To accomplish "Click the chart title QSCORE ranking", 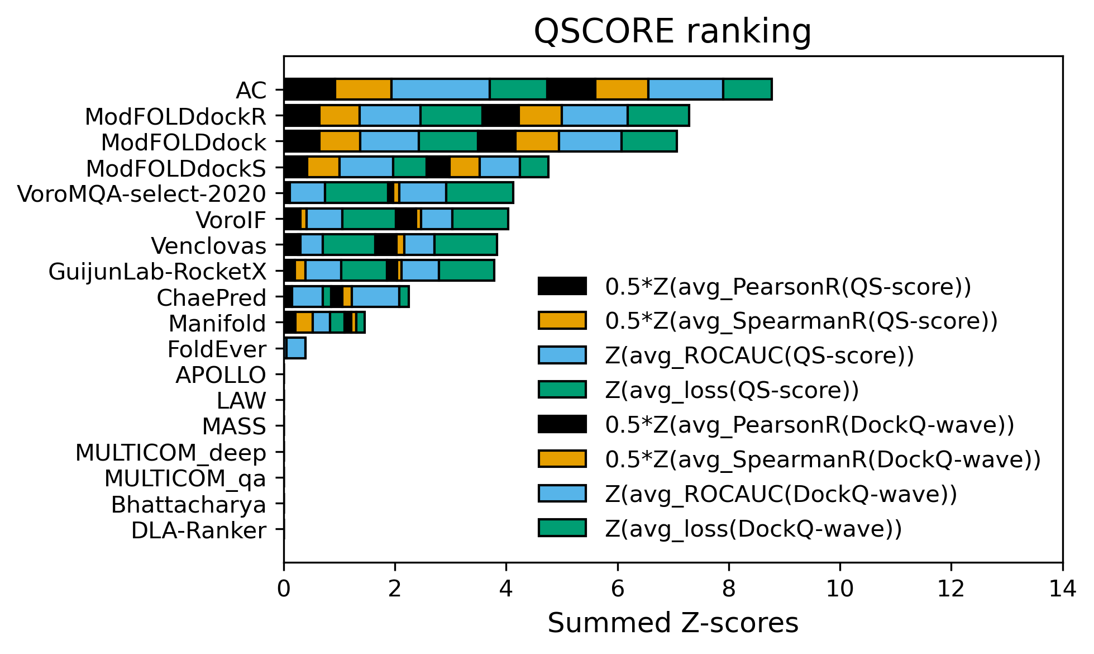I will [x=672, y=31].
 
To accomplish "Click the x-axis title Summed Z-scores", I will [x=672, y=623].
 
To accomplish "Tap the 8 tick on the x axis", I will [x=729, y=589].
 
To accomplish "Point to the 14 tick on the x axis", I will [x=1062, y=589].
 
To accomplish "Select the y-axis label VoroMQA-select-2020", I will [x=142, y=194].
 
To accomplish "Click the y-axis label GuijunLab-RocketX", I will [x=157, y=272].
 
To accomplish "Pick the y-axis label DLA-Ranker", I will [x=198, y=530].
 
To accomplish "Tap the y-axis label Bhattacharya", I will [x=188, y=505].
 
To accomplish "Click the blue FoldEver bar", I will [x=295, y=348].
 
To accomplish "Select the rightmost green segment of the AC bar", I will [x=747, y=89].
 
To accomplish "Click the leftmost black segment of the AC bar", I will [x=309, y=89].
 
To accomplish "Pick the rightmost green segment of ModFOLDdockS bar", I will [x=534, y=167].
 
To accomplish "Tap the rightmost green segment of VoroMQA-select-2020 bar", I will [x=479, y=193].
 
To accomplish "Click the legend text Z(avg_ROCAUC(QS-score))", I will [x=759, y=356].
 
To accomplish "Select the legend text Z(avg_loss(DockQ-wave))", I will [x=753, y=529].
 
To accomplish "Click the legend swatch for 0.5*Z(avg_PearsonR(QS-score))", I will [x=562, y=286].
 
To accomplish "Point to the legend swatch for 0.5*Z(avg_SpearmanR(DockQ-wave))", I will [x=562, y=459].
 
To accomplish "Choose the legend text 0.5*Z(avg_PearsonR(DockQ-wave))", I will [x=809, y=425].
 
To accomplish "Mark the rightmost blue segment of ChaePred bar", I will [x=375, y=296].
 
